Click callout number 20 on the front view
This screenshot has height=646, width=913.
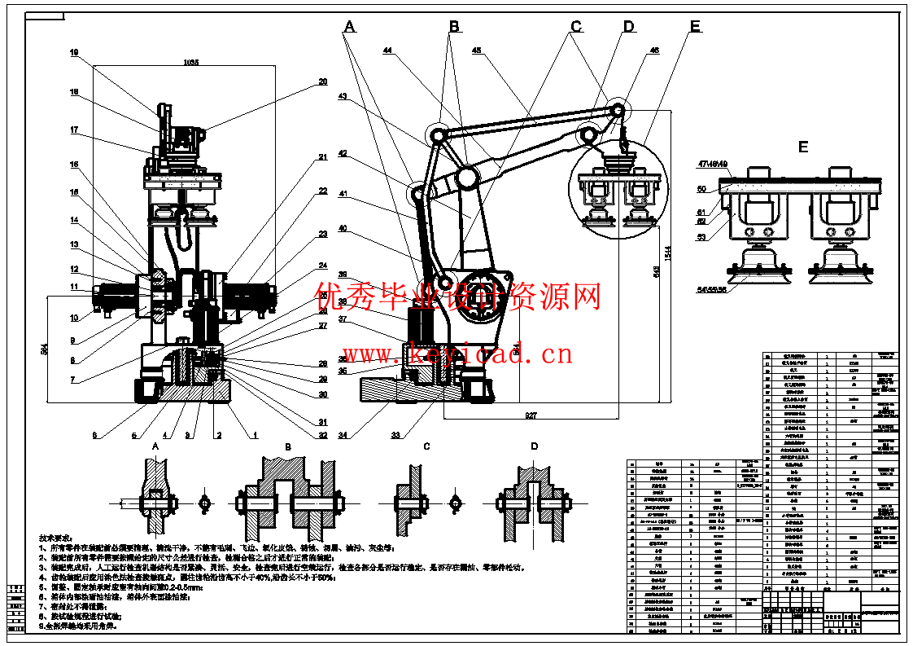(322, 82)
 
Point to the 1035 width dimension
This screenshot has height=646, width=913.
(190, 62)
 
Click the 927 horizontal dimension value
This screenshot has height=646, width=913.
(531, 415)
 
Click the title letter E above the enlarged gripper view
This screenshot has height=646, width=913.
(803, 147)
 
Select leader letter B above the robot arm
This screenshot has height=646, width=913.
(454, 26)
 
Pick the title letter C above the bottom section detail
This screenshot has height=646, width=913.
(426, 446)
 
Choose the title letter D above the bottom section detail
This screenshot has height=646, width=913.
(534, 446)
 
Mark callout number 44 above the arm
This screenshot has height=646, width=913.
(387, 51)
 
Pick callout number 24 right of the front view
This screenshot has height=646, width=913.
(322, 265)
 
